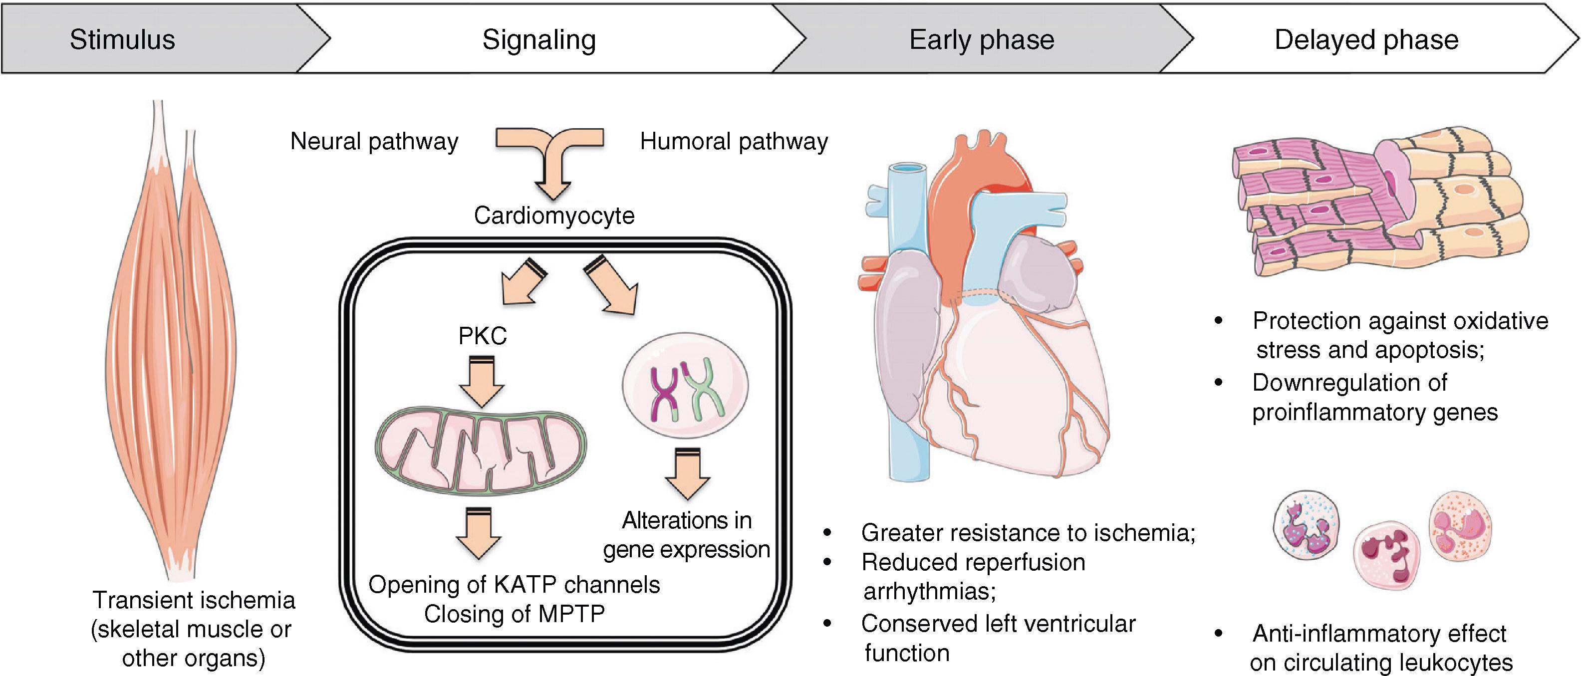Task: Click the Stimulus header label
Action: (122, 40)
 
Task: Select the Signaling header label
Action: (538, 40)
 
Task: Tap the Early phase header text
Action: (981, 40)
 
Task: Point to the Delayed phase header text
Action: (1366, 40)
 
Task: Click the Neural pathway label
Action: (374, 142)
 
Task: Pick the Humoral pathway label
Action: (734, 142)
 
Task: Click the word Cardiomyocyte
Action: (554, 216)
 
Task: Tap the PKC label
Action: (483, 336)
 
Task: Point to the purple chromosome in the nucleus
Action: (664, 393)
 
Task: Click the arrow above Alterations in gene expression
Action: (687, 473)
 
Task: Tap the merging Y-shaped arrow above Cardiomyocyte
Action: (551, 160)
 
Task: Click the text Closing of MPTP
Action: (514, 613)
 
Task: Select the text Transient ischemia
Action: (194, 600)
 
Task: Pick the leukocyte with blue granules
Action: (1306, 525)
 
